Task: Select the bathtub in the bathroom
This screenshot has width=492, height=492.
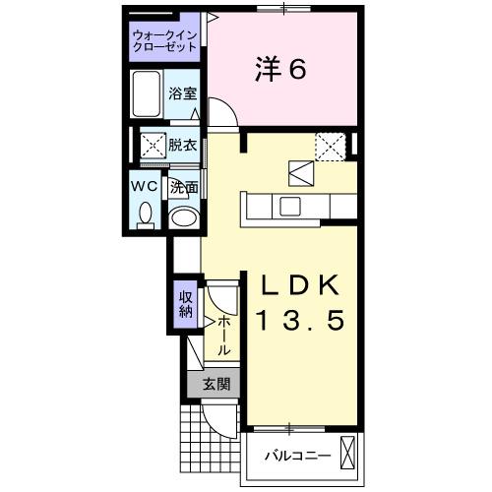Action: pos(148,95)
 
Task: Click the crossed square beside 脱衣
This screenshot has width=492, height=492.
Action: pos(152,145)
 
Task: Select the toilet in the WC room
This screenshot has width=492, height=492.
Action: pos(145,214)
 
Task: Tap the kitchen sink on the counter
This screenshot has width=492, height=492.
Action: pos(290,206)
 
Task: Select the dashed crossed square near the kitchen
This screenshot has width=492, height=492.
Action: pos(329,145)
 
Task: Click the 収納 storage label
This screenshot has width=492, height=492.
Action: pos(185,303)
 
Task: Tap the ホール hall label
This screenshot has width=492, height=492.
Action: pos(224,335)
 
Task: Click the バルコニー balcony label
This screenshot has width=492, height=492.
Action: pos(294,456)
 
